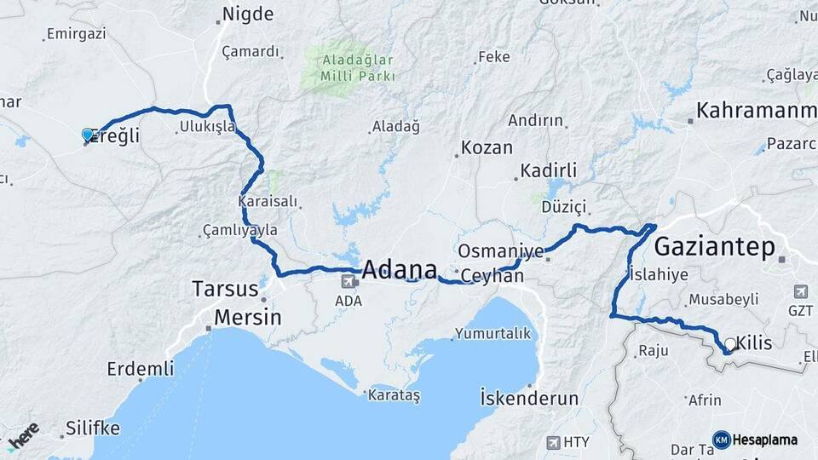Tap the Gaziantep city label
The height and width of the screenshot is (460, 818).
point(714,247)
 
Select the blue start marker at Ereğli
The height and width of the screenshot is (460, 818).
point(87,135)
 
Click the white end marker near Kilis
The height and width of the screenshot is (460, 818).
point(729,344)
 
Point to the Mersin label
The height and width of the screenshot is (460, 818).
point(247,318)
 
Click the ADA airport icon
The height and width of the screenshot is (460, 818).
point(348,281)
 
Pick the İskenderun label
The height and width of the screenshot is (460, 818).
point(529,398)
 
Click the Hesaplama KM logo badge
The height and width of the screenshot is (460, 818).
point(721,440)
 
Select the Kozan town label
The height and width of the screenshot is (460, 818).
point(487,147)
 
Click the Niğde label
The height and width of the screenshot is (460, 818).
point(247,14)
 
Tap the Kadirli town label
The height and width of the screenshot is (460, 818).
point(548,170)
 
